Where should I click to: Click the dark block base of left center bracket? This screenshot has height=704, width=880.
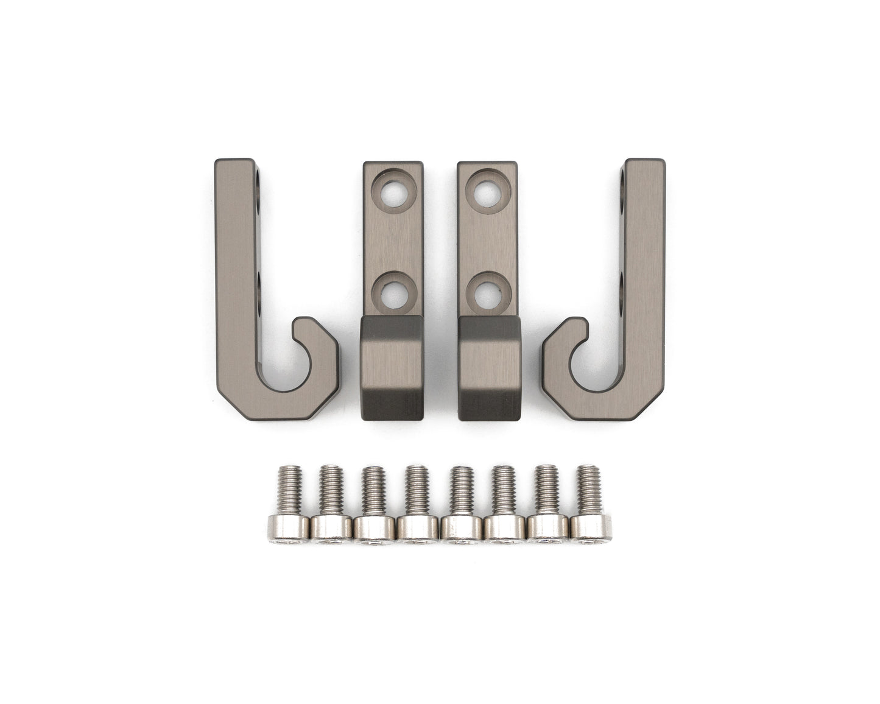[x=392, y=369]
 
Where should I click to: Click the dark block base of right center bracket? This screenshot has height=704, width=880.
[x=489, y=369]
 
